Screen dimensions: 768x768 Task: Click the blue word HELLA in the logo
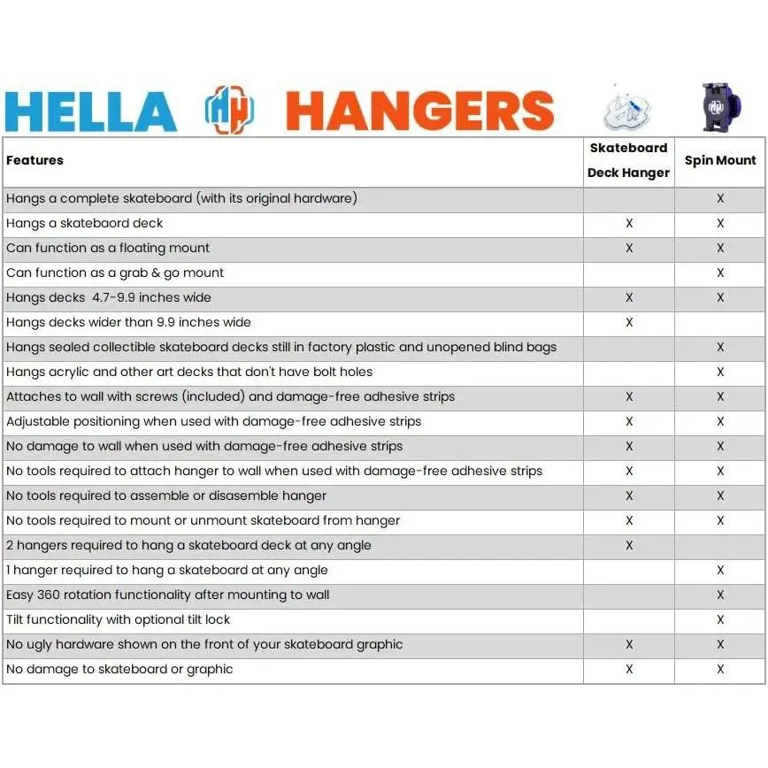coord(90,111)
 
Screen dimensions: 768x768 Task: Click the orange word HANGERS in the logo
coord(419,111)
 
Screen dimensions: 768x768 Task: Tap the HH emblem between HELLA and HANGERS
coord(230,111)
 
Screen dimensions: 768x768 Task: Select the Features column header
coord(35,160)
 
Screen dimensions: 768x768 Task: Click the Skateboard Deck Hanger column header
coord(628,160)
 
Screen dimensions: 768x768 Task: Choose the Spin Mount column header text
coord(720,160)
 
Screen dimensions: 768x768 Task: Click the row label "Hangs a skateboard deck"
coord(85,223)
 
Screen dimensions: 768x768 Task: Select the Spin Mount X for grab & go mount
coord(720,273)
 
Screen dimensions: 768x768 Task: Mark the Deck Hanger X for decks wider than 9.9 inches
coord(629,322)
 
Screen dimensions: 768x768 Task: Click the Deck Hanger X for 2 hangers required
coord(629,545)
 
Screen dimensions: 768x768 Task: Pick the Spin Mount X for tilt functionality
coord(720,619)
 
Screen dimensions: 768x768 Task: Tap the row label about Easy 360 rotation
coord(168,595)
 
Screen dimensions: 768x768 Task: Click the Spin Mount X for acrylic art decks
coord(720,372)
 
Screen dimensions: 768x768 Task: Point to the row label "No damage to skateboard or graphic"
coord(119,669)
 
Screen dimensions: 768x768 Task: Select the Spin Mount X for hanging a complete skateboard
coord(720,198)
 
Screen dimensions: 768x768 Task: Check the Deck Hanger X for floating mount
coord(629,248)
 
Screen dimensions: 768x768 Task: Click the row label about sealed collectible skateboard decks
coord(281,347)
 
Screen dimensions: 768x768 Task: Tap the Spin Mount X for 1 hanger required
coord(720,570)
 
